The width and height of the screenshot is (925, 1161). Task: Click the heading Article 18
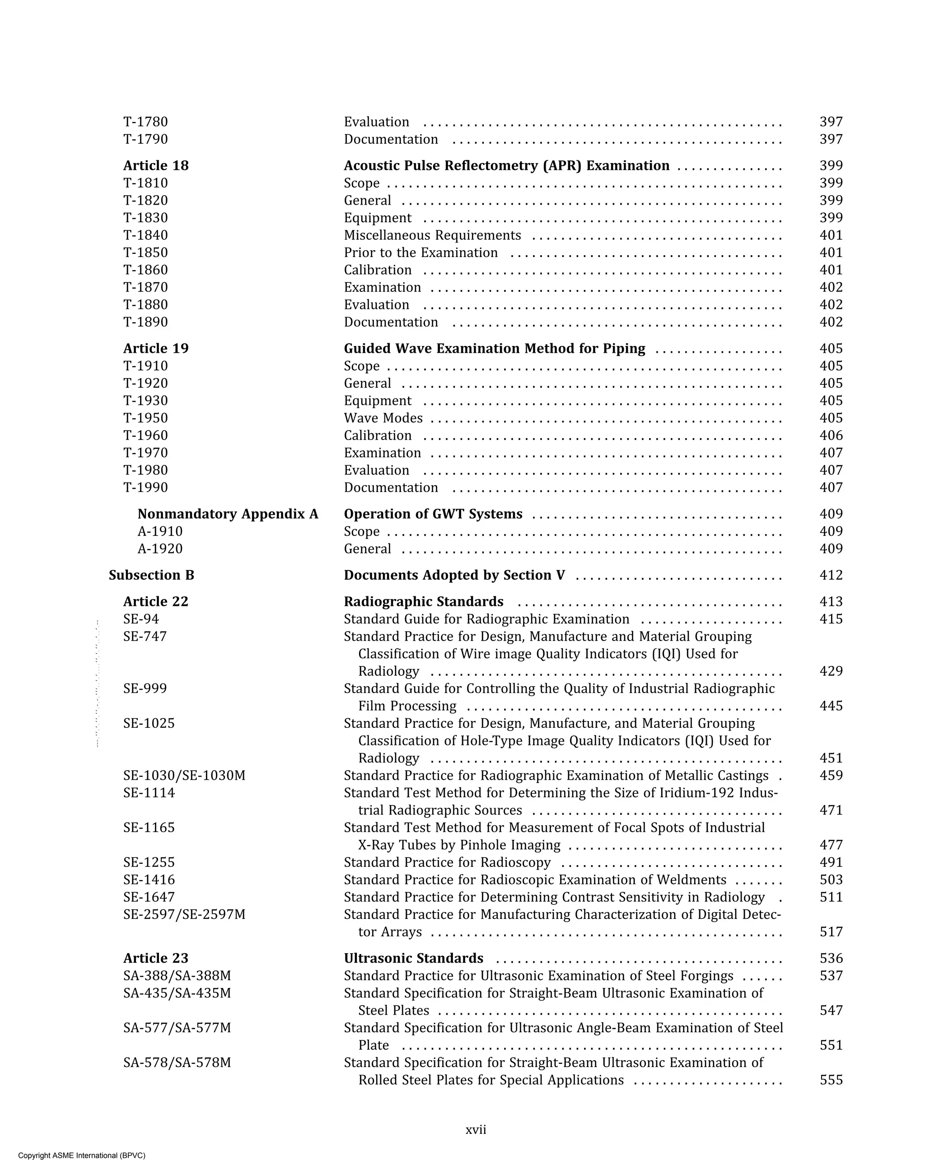coord(156,165)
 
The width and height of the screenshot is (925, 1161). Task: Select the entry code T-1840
coord(145,235)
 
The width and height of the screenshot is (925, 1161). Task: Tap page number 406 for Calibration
coord(831,435)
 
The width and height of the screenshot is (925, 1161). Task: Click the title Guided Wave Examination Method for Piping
coord(494,348)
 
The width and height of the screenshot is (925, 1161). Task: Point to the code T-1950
coord(145,418)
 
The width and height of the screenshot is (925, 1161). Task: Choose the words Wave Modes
coord(383,418)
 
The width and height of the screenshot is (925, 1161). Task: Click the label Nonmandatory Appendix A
coord(228,514)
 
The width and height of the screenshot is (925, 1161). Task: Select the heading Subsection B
coord(151,575)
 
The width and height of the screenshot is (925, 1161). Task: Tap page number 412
coord(831,575)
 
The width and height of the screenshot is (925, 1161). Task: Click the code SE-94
coord(141,619)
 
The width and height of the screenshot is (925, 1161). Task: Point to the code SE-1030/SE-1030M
coord(184,776)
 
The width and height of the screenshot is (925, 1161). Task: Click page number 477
coord(831,845)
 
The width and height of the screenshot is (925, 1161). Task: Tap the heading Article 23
coord(156,958)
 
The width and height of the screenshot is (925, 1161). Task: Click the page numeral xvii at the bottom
coord(476,1130)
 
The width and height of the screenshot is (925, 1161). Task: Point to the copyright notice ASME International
coord(82,1155)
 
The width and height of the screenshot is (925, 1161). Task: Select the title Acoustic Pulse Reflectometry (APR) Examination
coord(506,165)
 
